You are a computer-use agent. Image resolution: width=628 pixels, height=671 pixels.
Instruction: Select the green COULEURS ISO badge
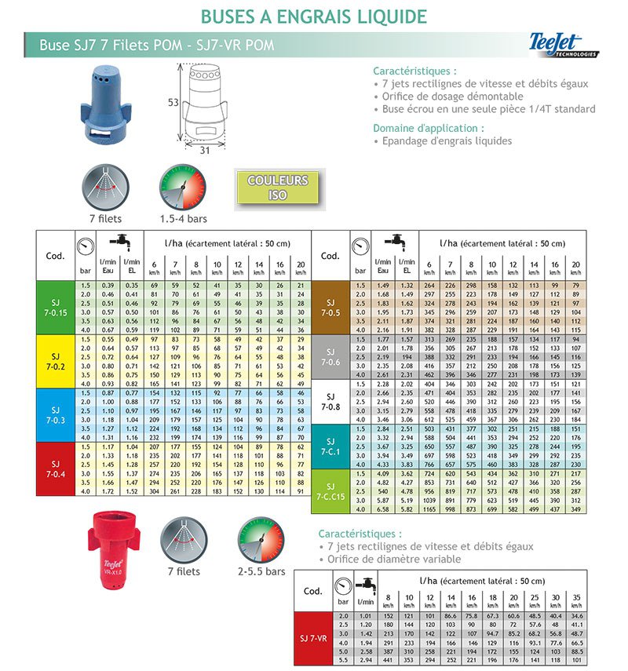pos(278,188)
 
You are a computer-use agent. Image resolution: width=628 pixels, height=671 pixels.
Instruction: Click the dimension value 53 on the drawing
pos(173,103)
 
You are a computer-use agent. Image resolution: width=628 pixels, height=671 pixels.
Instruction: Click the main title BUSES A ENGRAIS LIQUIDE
pos(314,16)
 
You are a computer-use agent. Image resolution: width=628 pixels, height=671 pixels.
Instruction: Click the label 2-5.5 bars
pos(262,571)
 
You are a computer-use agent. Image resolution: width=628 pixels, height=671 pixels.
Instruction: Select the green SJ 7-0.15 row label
pos(55,308)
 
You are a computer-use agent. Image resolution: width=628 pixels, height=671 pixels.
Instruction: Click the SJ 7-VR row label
pos(314,640)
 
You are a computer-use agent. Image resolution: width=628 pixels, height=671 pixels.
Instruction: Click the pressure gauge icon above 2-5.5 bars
pos(261,541)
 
